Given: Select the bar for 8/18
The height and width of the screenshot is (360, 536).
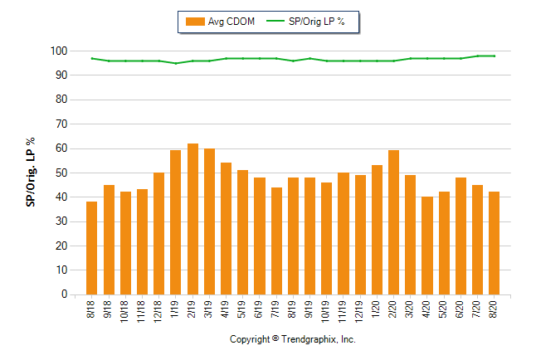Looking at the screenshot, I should (92, 248).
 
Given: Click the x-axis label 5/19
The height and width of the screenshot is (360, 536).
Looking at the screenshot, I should (243, 309).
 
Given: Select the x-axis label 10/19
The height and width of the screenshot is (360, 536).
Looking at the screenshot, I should (327, 310).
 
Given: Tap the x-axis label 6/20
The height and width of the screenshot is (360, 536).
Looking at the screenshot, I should (460, 309).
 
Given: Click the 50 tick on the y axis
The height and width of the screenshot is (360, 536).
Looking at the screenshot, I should (61, 173).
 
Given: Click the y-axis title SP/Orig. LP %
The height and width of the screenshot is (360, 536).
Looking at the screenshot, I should (32, 173).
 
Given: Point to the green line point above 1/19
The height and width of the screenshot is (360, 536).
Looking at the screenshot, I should (176, 63).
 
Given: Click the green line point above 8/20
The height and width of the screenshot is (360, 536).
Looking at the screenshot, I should (494, 56).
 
